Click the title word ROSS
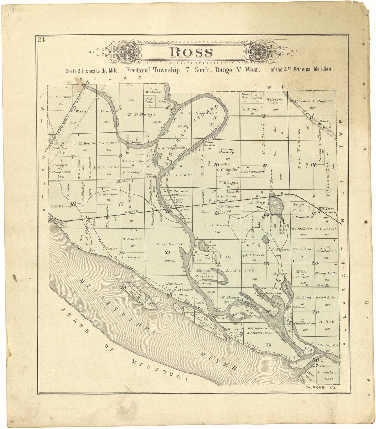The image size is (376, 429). (191, 52)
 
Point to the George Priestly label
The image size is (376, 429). (227, 151)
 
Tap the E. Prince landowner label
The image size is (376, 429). (240, 270)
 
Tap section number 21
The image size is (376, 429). (167, 253)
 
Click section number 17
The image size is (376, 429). (121, 205)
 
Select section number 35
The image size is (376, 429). (268, 344)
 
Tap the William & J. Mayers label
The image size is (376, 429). (310, 101)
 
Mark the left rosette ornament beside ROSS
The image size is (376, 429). (124, 52)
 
